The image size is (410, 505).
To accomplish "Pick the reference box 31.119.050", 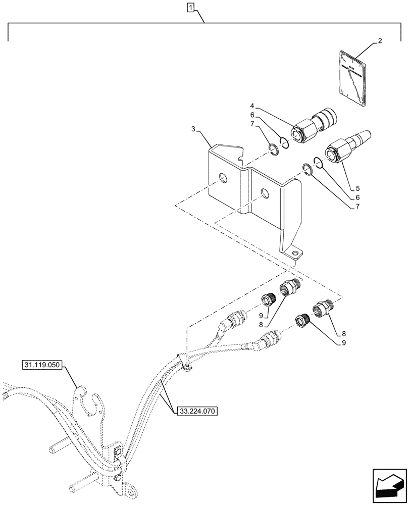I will tap(42, 364).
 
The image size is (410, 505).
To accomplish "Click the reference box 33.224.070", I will tap(197, 412).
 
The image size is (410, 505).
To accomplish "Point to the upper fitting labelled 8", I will tap(292, 288).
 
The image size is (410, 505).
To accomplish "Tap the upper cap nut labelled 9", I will tap(267, 302).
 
